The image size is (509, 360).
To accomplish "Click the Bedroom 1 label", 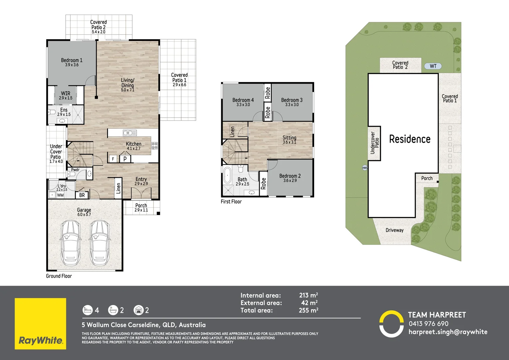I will coord(72,60).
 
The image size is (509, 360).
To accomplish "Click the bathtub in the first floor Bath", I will coord(228,176).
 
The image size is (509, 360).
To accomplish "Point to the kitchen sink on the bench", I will coord(130,133).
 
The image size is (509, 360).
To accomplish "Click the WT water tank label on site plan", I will coord(433,66).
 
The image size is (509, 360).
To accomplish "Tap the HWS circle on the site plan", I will coord(365,168).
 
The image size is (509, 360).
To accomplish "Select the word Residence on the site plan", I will coord(410,139).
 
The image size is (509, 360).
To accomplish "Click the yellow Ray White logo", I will coord(40,324).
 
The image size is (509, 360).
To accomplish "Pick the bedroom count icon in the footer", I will coord(87,310).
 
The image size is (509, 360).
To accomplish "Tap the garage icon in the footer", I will coord(138,310).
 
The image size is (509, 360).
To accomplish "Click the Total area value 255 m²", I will coord(308,310).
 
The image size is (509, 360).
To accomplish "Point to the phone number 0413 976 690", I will coord(428,324).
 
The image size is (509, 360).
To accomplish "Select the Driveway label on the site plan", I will coord(394,230).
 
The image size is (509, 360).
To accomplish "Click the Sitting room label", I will coord(289,138).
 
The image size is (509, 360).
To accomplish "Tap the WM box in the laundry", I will coord(60,195).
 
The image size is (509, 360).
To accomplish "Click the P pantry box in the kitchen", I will coord(125,159).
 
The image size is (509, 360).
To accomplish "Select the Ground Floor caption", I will coord(59,276).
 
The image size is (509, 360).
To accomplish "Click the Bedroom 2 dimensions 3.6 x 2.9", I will coord(290,181).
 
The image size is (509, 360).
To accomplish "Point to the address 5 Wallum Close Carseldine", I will coord(144,325).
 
